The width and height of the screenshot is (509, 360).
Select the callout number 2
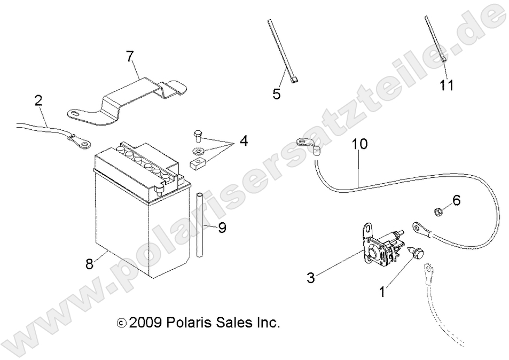[38, 100]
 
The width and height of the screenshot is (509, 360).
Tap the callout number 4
[243, 142]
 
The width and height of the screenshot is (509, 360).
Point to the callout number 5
[276, 94]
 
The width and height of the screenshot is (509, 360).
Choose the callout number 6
[456, 200]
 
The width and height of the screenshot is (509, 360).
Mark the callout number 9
[222, 228]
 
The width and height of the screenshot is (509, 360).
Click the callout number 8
[90, 263]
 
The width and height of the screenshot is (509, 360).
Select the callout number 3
[311, 277]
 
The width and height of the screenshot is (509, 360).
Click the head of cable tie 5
[293, 81]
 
